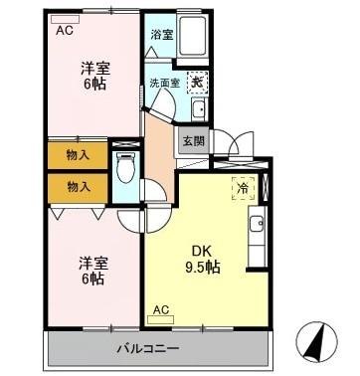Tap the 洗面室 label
point(162,83)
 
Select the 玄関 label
point(193,141)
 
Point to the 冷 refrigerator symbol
point(244,186)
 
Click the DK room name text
point(201,252)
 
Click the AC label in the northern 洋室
point(64,30)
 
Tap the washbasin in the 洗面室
point(198,108)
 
